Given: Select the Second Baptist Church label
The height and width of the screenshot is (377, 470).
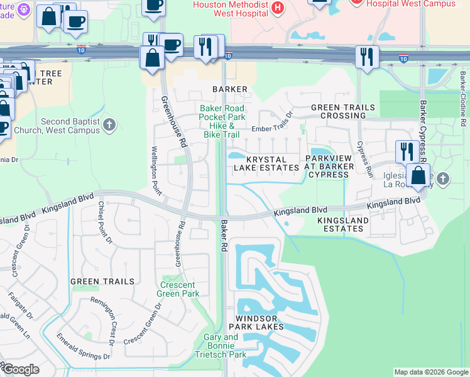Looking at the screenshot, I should pos(70,126).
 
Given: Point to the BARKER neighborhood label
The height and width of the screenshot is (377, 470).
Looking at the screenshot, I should pos(230,89).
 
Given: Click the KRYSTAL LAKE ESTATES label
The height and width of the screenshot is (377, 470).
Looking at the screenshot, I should pos(266,164).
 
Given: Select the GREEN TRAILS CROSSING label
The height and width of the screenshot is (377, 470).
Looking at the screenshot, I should pos(343,112).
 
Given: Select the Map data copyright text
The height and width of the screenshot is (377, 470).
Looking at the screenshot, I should pos(431,372).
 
